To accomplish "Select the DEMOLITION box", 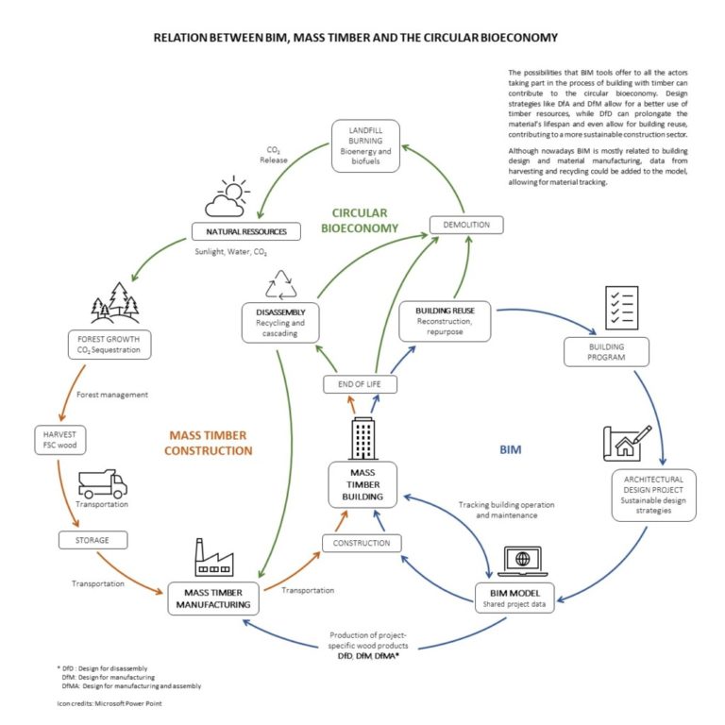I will click(x=465, y=225).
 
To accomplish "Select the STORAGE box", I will click(x=92, y=541).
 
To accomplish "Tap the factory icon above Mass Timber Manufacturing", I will click(x=212, y=557).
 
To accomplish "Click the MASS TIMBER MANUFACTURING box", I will click(x=212, y=598).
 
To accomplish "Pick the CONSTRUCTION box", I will click(x=362, y=543).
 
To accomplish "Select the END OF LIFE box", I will click(x=360, y=383).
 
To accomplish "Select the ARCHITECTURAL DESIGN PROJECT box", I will click(x=653, y=495).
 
